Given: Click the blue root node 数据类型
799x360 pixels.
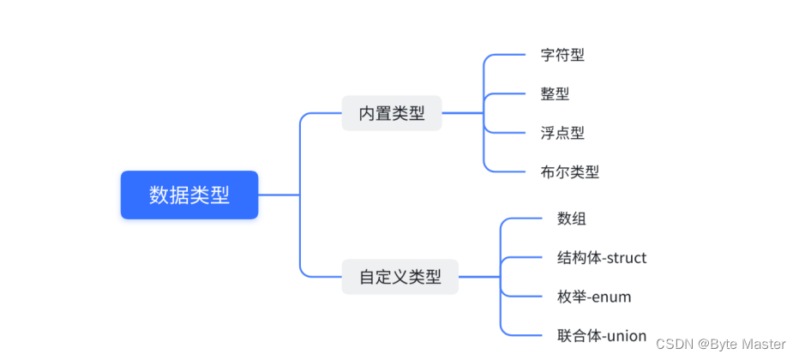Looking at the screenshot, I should [189, 195].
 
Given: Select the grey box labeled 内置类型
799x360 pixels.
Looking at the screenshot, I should [392, 113].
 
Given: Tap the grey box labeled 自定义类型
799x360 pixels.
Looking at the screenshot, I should [399, 277].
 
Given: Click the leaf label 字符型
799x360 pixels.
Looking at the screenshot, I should [562, 55].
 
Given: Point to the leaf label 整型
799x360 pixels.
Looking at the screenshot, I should [555, 93].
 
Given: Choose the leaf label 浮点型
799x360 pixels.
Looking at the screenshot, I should [562, 133].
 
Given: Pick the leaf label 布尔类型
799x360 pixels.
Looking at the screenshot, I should [570, 171].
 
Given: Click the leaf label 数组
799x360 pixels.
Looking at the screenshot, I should [572, 219].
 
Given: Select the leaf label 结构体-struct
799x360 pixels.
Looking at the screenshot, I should [602, 257].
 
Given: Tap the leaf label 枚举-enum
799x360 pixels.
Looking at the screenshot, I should [594, 297].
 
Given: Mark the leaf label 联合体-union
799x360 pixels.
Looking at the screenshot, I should [602, 335].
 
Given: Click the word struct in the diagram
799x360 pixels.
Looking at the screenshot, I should [627, 257].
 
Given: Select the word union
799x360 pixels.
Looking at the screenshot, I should [626, 335].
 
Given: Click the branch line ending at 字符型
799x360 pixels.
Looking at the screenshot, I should [509, 55].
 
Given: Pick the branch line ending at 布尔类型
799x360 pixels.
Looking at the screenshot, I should [509, 171].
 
